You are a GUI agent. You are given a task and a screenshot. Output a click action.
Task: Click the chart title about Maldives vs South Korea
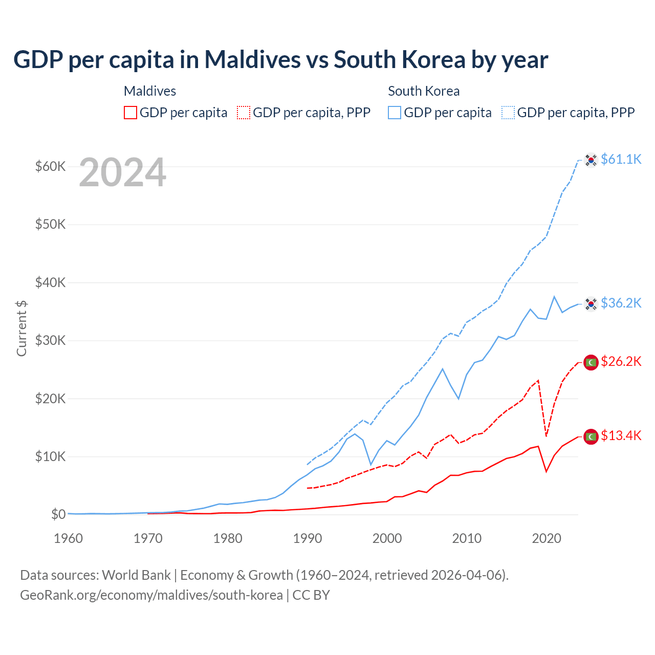pyautogui.click(x=280, y=60)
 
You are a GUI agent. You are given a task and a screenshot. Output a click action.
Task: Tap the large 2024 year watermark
pyautogui.click(x=122, y=173)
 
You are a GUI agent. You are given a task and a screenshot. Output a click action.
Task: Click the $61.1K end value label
pyautogui.click(x=621, y=159)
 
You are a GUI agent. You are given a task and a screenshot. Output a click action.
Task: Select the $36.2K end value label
pyautogui.click(x=621, y=303)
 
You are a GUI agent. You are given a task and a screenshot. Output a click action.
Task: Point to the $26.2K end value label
pyautogui.click(x=621, y=362)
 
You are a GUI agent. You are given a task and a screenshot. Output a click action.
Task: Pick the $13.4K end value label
pyautogui.click(x=621, y=435)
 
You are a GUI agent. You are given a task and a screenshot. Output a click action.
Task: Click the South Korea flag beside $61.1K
pyautogui.click(x=591, y=160)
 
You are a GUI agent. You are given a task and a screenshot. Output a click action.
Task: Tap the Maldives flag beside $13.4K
pyautogui.click(x=591, y=436)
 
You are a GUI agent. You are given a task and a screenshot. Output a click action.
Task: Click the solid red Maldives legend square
pyautogui.click(x=130, y=113)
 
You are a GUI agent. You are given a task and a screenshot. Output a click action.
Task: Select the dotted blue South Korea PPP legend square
pyautogui.click(x=508, y=113)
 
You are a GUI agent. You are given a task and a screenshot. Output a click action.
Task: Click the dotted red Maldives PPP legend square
pyautogui.click(x=244, y=113)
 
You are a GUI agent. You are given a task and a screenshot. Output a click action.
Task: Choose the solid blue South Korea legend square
pyautogui.click(x=395, y=113)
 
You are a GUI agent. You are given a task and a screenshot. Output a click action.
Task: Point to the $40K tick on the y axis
pyautogui.click(x=50, y=282)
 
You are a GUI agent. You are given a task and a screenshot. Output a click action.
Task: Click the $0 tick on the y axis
pyautogui.click(x=58, y=514)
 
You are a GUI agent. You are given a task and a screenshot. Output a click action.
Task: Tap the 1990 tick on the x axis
pyautogui.click(x=308, y=538)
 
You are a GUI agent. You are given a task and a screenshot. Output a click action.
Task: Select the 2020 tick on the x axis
pyautogui.click(x=547, y=538)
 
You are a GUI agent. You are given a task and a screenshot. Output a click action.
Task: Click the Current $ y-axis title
pyautogui.click(x=21, y=328)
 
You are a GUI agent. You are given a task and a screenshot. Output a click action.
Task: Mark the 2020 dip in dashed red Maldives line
pyautogui.click(x=547, y=436)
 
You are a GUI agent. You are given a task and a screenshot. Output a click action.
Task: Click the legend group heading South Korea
pyautogui.click(x=424, y=91)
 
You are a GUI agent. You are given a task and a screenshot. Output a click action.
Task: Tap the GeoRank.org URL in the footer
pyautogui.click(x=151, y=595)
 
